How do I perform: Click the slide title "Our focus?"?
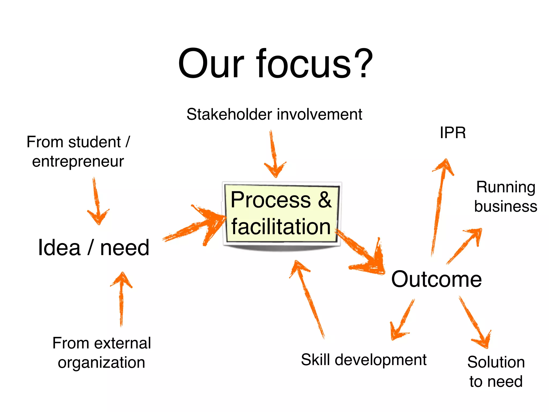275,64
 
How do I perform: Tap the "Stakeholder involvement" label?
274,115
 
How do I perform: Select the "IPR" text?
453,133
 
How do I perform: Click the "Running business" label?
506,197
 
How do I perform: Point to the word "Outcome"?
436,279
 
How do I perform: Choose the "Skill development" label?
363,360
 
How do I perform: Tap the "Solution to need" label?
496,371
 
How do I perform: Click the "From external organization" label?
102,352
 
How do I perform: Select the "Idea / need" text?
94,248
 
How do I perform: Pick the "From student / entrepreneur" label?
78,152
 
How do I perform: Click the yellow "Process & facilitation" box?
281,213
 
